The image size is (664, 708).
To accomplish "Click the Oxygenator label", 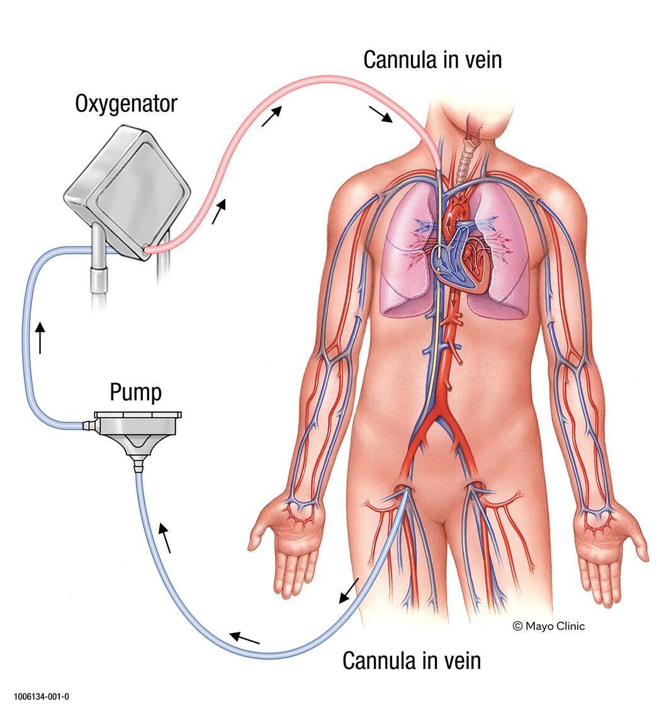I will [126, 103].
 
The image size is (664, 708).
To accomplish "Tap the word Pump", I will [135, 392].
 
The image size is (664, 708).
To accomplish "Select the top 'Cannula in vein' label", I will [432, 59].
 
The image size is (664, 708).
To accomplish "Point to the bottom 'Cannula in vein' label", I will [412, 661].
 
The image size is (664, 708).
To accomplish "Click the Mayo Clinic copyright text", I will [548, 626].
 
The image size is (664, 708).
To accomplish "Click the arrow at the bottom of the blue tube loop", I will [244, 638].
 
